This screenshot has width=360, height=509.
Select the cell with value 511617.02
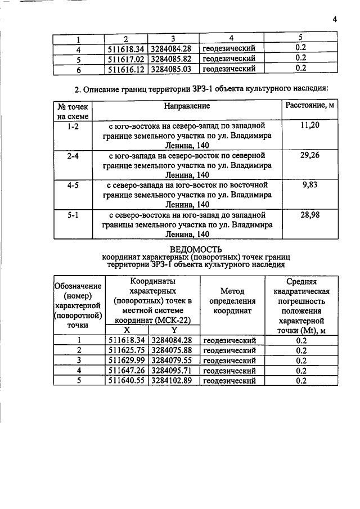[126, 58]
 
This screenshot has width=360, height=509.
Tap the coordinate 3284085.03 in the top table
[172, 69]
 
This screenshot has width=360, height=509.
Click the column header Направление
[187, 106]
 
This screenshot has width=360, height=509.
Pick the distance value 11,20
[310, 125]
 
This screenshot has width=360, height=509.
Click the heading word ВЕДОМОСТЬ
[196, 249]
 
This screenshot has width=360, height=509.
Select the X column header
[127, 330]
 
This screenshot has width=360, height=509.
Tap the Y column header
[174, 330]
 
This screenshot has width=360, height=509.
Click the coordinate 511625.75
[126, 350]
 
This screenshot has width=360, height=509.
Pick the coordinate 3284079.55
[172, 361]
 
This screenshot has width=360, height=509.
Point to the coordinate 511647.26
[126, 371]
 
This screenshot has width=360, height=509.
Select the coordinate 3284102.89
[172, 381]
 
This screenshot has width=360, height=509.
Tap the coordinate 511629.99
[126, 361]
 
